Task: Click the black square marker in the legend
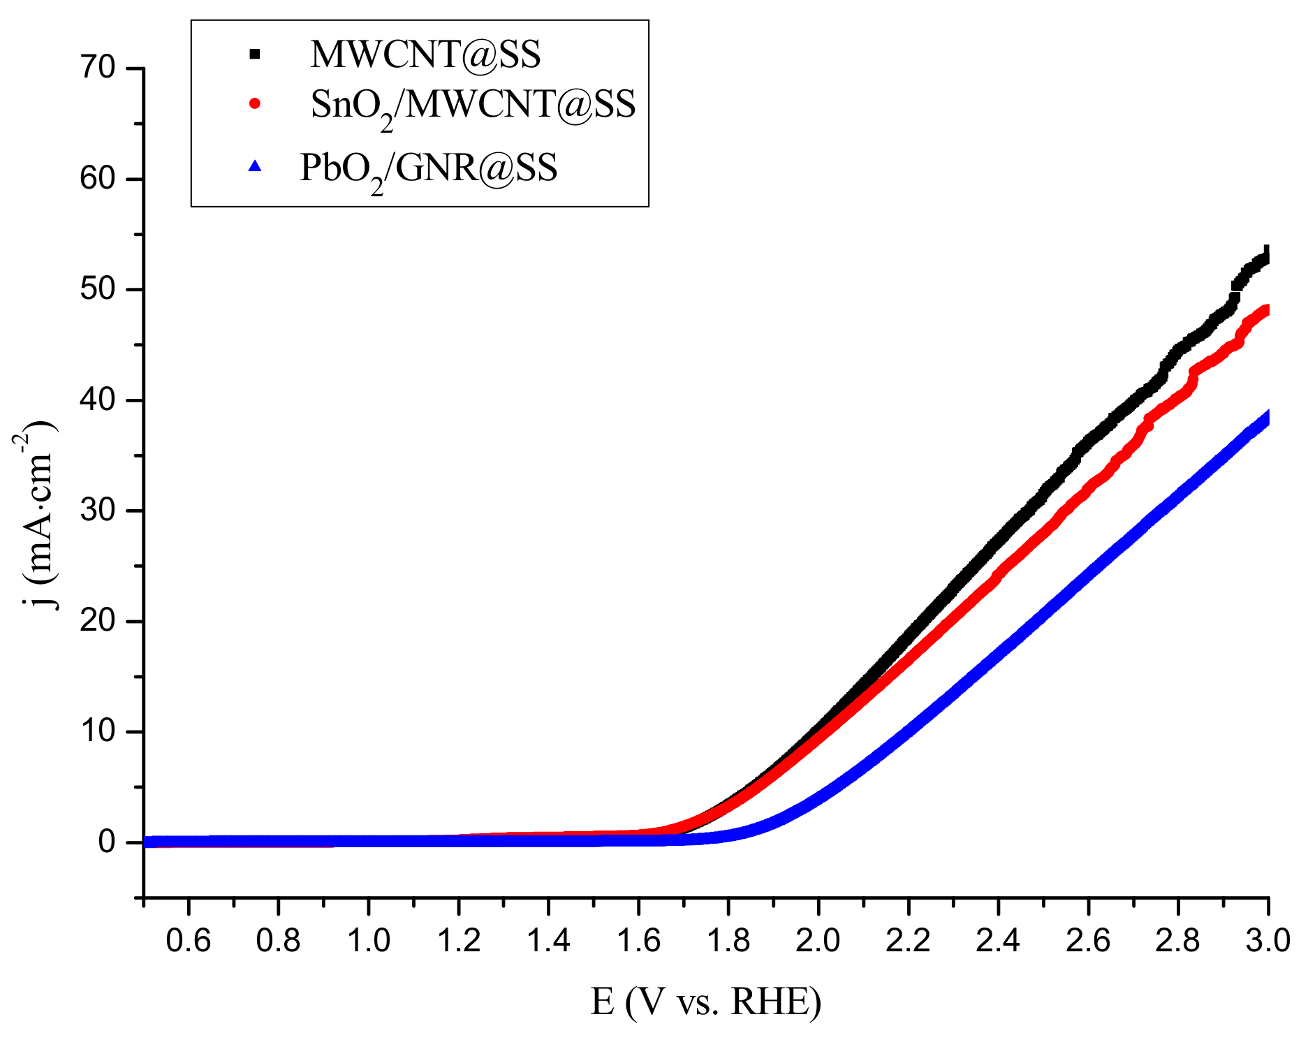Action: [x=255, y=54]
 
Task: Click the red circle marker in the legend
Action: [x=255, y=103]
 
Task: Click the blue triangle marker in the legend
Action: [x=255, y=166]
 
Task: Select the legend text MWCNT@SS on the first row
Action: [x=425, y=54]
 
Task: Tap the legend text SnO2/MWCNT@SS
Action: [x=473, y=106]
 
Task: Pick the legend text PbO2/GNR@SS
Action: [x=428, y=169]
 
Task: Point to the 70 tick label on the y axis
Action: [x=97, y=68]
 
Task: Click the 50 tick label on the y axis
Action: [x=97, y=289]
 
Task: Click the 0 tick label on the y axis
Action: [x=106, y=842]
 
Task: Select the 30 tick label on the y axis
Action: [x=97, y=511]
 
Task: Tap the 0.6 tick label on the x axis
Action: [x=188, y=941]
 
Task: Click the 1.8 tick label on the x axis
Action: [x=728, y=941]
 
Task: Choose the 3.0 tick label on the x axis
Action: [x=1267, y=941]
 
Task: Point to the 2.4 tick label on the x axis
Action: [x=998, y=941]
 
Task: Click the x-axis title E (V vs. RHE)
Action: [x=706, y=1002]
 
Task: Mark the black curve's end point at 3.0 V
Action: [x=1266, y=256]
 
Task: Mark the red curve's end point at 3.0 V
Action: [x=1266, y=310]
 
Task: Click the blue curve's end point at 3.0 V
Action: [x=1266, y=418]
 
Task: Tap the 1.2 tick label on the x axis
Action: [x=458, y=941]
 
